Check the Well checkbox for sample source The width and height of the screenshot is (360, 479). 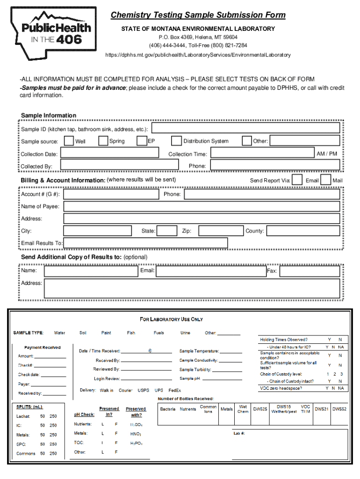tap(69, 141)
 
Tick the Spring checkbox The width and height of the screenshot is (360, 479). tap(103, 141)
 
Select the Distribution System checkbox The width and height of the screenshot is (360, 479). tap(176, 141)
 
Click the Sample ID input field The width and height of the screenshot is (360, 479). tap(245, 128)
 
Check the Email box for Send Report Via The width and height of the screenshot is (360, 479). tap(297, 180)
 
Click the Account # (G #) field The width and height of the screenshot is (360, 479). tap(111, 194)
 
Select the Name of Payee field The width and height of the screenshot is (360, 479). tap(202, 206)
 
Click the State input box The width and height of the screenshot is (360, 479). tap(166, 231)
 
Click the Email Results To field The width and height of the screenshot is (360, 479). tap(145, 243)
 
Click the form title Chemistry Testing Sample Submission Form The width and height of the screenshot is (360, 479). tap(198, 15)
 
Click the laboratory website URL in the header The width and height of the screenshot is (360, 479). tap(198, 55)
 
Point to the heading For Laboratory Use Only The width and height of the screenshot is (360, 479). tap(171, 319)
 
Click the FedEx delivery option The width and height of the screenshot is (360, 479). tap(175, 390)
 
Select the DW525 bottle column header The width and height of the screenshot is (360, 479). tap(260, 409)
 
